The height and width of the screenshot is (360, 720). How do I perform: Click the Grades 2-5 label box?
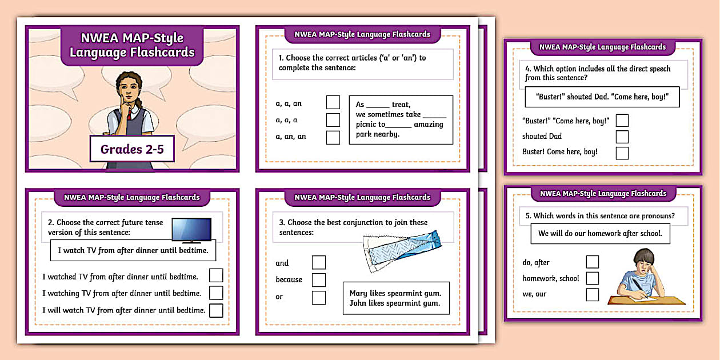132,150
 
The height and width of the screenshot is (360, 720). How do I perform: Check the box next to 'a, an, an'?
333,137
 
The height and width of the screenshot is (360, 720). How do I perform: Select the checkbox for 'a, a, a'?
333,120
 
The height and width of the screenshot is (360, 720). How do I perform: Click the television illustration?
191,230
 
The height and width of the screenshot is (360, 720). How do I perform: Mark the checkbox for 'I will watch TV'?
216,310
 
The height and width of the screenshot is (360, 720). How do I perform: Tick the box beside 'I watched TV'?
216,276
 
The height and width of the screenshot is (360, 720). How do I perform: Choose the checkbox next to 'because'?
318,280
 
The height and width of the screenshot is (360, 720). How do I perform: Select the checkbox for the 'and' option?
318,263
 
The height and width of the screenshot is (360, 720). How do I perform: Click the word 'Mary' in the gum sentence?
358,293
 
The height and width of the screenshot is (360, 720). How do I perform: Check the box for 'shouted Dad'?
622,137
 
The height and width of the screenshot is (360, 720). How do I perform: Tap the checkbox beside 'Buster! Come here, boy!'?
622,153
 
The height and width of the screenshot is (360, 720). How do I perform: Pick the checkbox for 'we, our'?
593,294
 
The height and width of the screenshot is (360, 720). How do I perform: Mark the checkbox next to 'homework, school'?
593,278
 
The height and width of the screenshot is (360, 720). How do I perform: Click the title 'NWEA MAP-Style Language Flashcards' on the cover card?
132,46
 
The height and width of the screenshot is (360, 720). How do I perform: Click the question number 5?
528,216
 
